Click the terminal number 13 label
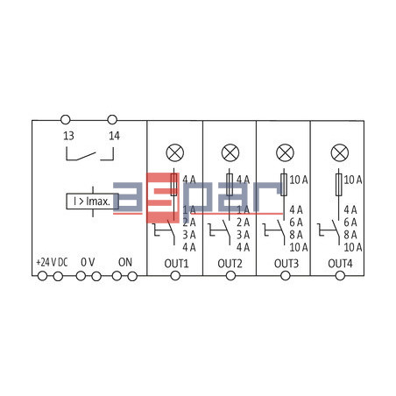click(x=67, y=136)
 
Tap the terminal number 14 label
click(x=114, y=136)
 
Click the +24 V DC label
click(x=50, y=261)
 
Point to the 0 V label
click(x=88, y=261)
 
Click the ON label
click(x=124, y=261)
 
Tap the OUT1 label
click(x=175, y=262)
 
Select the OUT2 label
click(x=230, y=262)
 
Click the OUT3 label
click(x=284, y=262)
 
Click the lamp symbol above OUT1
click(x=175, y=152)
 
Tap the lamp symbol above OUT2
click(x=230, y=152)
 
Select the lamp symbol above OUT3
click(x=284, y=152)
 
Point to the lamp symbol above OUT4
click(x=338, y=152)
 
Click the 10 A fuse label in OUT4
click(x=354, y=180)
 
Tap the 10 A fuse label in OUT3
click(x=299, y=180)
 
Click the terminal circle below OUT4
click(x=338, y=276)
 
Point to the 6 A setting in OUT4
click(x=350, y=223)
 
